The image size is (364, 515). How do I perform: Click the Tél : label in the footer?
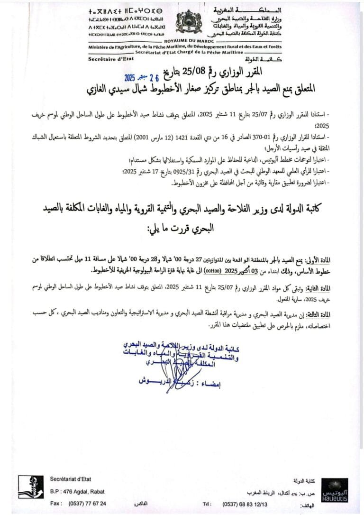coord(207,504)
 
